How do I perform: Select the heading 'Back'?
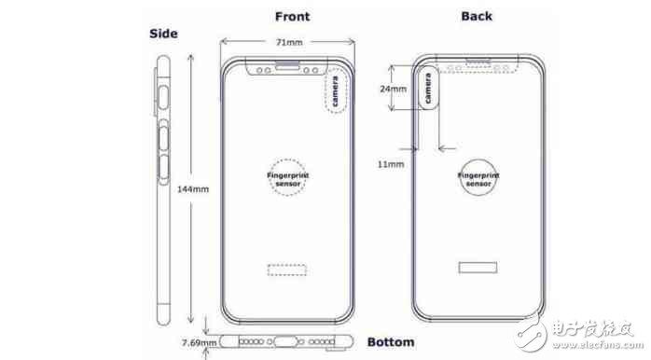tap(477, 16)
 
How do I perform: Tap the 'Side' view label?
tap(163, 34)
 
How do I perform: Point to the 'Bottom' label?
tap(391, 341)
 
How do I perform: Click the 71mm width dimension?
tap(288, 42)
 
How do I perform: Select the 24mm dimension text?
tap(394, 89)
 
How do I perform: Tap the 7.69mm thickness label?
tap(198, 342)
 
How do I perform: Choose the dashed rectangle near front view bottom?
tap(285, 270)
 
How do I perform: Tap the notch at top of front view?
tap(288, 67)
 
